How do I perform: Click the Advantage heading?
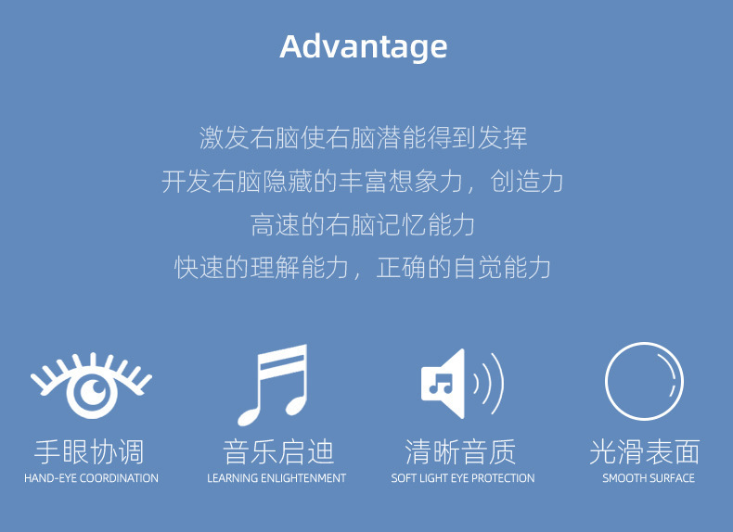click(364, 46)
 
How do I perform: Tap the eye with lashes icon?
click(91, 385)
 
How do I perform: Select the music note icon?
click(273, 384)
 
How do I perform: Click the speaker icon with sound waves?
click(461, 383)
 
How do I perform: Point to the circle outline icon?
click(644, 382)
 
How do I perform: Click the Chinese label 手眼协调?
click(89, 452)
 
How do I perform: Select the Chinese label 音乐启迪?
click(277, 452)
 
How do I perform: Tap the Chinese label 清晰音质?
click(461, 452)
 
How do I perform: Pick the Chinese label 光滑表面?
click(645, 452)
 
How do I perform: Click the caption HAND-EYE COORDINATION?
click(91, 478)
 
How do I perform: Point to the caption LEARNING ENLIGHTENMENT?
click(276, 478)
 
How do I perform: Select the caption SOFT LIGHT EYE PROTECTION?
click(463, 478)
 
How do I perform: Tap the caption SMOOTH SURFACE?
click(649, 478)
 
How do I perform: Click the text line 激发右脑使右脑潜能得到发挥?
click(363, 138)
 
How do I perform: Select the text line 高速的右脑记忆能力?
click(363, 224)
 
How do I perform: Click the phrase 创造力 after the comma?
click(528, 182)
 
